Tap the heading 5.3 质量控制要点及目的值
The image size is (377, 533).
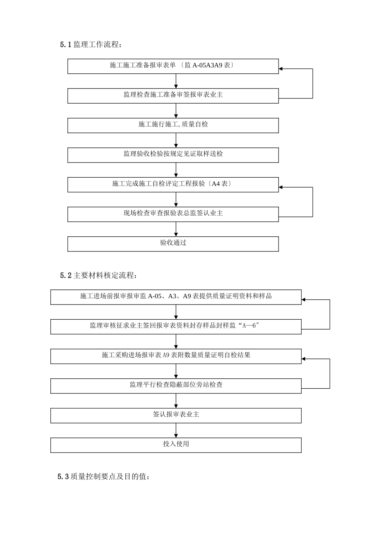[104, 477]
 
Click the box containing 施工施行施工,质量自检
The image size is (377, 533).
[173, 125]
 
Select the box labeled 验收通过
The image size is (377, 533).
[173, 243]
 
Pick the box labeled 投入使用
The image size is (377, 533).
[176, 444]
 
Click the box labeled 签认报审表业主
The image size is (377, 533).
[176, 414]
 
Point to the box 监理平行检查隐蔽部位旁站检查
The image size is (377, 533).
[176, 385]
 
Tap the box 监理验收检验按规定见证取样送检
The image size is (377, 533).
[173, 154]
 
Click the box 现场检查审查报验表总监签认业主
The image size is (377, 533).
[173, 213]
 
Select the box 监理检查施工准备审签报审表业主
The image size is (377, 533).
[173, 95]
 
